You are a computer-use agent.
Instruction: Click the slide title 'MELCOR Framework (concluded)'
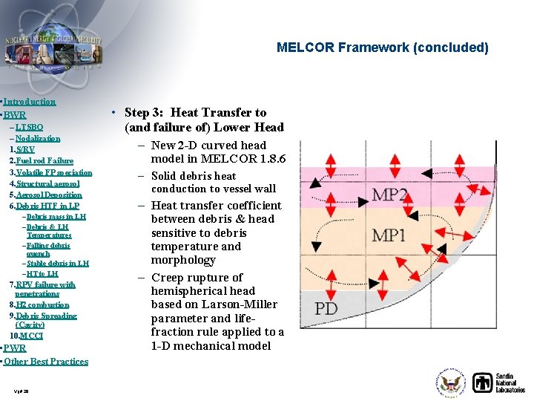382,48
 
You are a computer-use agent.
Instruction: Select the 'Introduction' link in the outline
29,101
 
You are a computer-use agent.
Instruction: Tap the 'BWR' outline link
15,115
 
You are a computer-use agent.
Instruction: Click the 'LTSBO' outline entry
29,128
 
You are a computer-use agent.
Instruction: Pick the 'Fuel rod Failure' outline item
44,160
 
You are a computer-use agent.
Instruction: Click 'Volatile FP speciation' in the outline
54,172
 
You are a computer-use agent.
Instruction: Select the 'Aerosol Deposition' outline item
47,195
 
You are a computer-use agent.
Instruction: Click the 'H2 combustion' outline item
43,304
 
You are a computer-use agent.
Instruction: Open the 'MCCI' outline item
32,336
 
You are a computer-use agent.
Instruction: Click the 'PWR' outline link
15,348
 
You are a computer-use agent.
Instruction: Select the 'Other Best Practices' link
46,362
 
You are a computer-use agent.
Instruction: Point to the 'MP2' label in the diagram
389,195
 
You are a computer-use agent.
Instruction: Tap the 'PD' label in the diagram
327,307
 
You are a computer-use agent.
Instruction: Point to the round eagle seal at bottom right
450,383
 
